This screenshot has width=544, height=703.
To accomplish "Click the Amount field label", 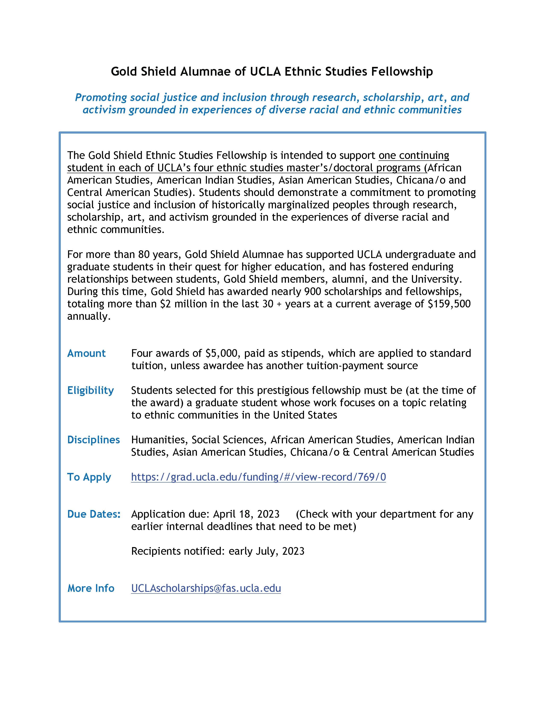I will click(x=86, y=353).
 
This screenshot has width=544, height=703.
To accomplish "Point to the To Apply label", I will click(x=89, y=477).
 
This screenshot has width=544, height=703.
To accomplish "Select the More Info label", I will click(x=91, y=588).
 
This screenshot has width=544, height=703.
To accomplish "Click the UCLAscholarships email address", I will click(x=206, y=588).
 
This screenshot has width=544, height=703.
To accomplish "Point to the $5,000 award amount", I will click(x=222, y=353).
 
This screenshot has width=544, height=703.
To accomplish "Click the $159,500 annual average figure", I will click(x=449, y=304).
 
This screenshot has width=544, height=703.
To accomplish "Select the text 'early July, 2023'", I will click(x=266, y=551).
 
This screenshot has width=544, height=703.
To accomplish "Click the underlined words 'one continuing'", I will click(x=414, y=156).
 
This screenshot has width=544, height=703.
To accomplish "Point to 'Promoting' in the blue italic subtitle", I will click(x=101, y=97).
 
